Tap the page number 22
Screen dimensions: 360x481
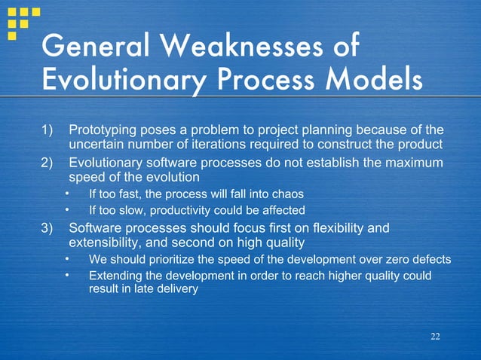click(434, 335)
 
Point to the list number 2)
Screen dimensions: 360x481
click(50, 163)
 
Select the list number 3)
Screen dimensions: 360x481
click(50, 227)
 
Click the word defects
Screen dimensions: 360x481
click(431, 260)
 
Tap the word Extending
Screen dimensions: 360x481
click(115, 276)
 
